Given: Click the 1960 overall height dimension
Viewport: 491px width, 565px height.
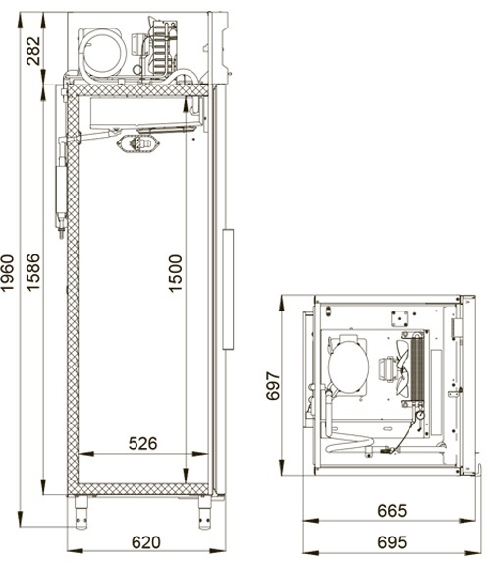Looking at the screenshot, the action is coord(8,273).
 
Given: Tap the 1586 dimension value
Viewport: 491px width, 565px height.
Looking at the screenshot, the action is coord(33,272).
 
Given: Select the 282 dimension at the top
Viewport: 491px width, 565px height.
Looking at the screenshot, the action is coord(33,51).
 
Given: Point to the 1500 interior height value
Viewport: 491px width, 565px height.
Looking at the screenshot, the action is coord(176,273).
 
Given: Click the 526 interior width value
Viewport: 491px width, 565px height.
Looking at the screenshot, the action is coord(143,443).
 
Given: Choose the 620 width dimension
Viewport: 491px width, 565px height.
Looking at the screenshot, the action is coord(146,542).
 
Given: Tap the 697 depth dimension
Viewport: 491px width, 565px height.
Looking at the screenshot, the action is coord(273,386).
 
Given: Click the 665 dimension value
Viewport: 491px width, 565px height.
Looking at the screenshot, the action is coord(392,511).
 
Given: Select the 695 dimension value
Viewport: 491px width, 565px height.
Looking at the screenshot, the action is coord(392,542).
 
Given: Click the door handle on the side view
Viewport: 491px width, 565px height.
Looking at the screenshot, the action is coord(228,289).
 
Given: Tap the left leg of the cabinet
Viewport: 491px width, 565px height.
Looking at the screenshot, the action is coord(82,512).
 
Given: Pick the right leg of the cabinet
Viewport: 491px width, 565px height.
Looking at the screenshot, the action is coord(204,512).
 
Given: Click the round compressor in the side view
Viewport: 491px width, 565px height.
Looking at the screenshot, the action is coord(102,53).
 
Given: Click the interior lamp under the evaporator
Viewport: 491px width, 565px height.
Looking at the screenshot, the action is coord(137,143).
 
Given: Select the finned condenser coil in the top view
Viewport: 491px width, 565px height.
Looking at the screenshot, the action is coord(417,369).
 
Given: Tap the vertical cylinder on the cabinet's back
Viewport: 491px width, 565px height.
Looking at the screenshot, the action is coord(61,190).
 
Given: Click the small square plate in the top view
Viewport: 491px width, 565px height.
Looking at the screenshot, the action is coord(399,319).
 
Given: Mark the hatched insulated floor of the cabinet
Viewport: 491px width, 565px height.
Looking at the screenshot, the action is coord(143,489).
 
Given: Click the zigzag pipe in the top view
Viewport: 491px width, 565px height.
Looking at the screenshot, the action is coord(350,443).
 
